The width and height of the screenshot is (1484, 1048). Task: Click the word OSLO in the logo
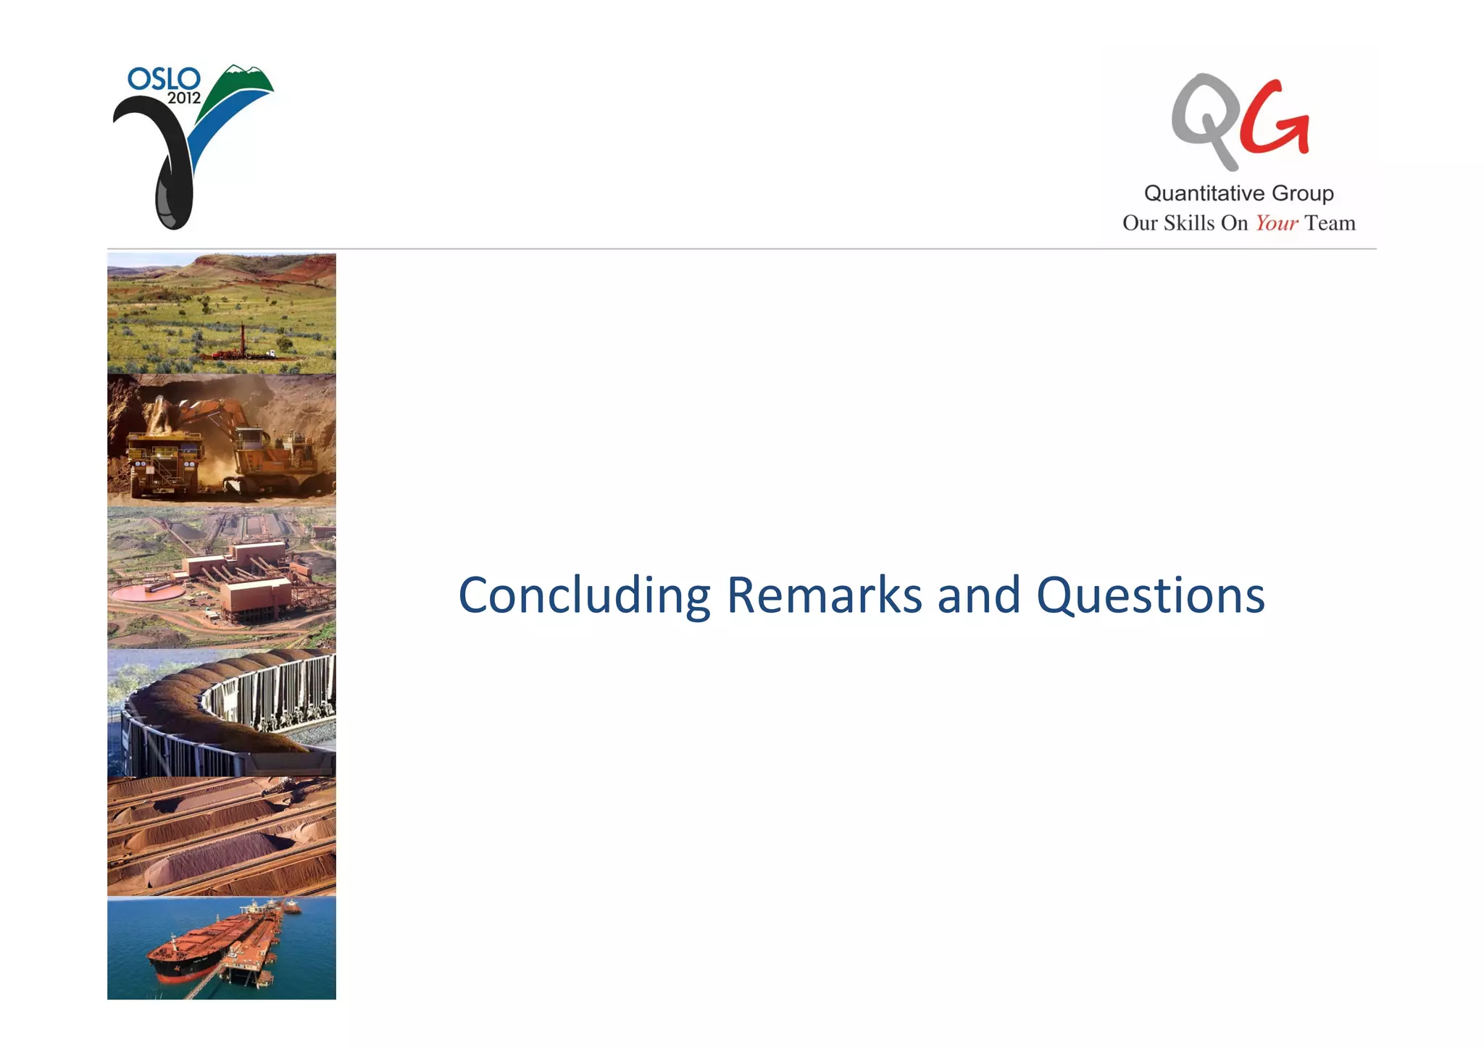[x=163, y=78]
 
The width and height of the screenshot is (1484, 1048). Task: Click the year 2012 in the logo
[x=184, y=98]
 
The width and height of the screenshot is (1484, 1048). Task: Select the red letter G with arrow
[x=1274, y=120]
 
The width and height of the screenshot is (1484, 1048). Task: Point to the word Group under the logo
[x=1302, y=193]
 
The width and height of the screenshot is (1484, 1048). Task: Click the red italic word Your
[x=1276, y=223]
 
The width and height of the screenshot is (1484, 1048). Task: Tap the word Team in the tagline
[x=1330, y=223]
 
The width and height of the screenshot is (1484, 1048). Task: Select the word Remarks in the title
[x=824, y=596]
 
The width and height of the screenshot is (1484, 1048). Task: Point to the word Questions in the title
[x=1150, y=596]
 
